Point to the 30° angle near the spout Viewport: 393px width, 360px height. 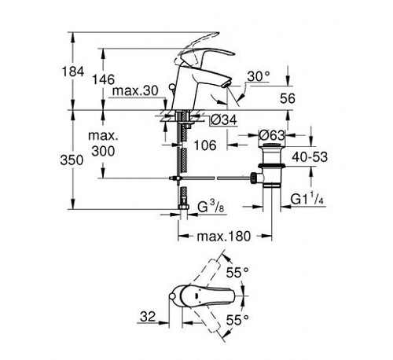click(x=257, y=76)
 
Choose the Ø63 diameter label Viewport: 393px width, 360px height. click(x=271, y=119)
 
